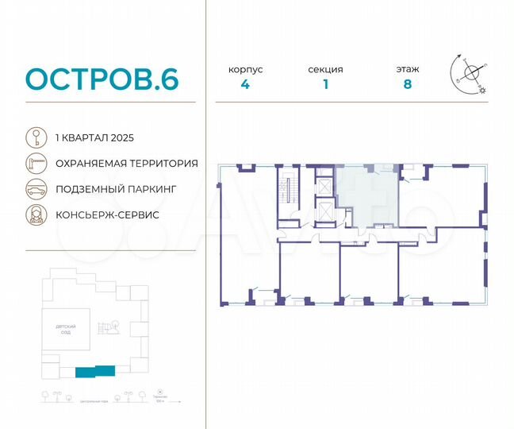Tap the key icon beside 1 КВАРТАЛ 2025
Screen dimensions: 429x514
pos(35,137)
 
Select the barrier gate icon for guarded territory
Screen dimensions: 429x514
pos(35,163)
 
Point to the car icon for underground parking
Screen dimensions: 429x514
pos(35,189)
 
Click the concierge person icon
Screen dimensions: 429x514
pos(35,215)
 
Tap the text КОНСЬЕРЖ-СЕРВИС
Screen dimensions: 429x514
pos(108,215)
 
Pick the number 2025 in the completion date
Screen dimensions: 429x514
pos(124,137)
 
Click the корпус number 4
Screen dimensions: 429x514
pos(246,85)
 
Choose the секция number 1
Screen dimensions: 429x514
pos(325,85)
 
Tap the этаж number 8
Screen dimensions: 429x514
pos(407,85)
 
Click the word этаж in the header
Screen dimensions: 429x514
pos(407,70)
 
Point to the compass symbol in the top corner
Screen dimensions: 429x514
pos(470,74)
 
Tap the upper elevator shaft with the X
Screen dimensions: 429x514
pos(324,184)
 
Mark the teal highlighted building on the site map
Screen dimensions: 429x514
pos(94,370)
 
